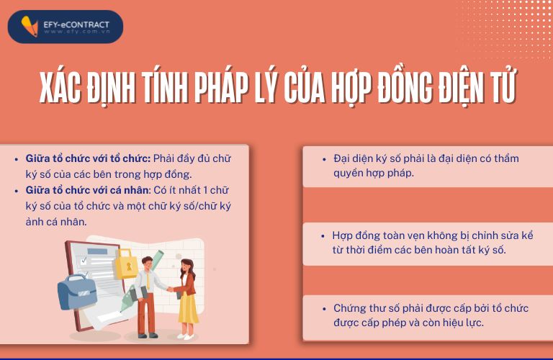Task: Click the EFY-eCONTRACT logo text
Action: tap(76, 24)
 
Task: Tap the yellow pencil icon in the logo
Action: tap(30, 26)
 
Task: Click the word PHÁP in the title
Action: tap(221, 87)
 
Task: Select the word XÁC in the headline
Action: tap(60, 86)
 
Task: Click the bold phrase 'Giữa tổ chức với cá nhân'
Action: tap(87, 190)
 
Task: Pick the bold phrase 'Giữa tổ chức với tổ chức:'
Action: tap(88, 158)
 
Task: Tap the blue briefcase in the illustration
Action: tap(77, 292)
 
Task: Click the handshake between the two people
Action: tap(170, 289)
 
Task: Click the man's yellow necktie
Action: tap(148, 282)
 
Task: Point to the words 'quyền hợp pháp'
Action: tap(374, 173)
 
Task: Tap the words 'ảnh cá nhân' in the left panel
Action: tap(56, 222)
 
